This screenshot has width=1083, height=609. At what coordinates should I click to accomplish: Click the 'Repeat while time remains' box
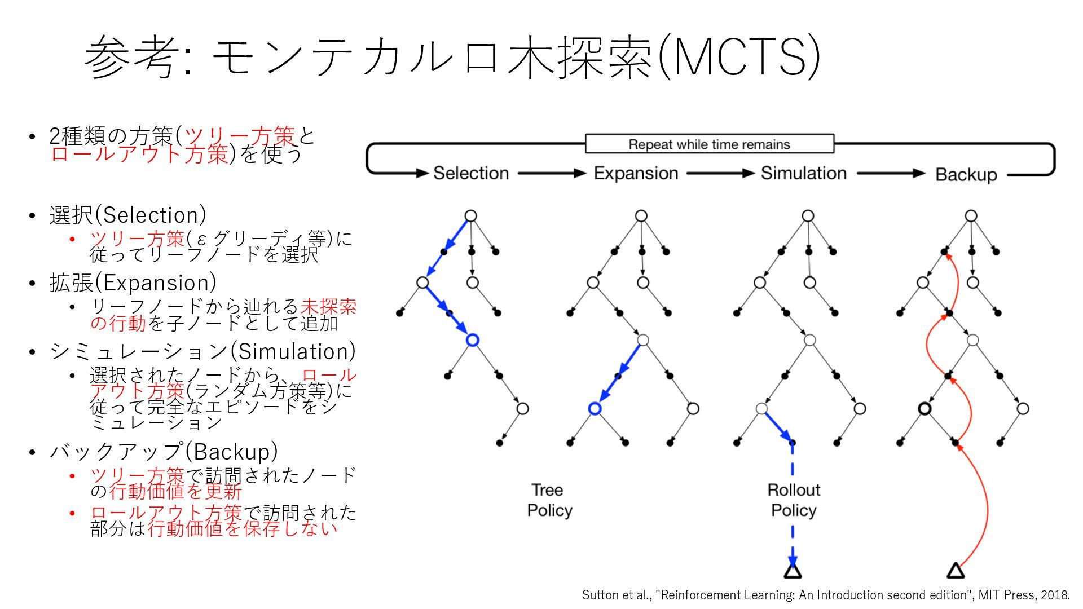click(x=709, y=144)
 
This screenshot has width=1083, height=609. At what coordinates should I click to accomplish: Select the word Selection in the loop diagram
click(x=471, y=173)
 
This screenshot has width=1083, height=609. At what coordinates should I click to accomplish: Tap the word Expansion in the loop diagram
click(x=636, y=173)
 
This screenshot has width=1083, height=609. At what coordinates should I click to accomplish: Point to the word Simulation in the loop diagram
click(x=803, y=173)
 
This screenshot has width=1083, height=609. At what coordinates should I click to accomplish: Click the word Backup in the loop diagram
click(x=966, y=175)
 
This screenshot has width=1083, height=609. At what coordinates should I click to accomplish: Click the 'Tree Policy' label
click(x=549, y=500)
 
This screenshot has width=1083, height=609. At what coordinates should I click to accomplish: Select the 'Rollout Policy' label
click(x=794, y=500)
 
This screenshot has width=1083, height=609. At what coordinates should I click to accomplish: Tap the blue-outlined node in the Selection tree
click(x=473, y=340)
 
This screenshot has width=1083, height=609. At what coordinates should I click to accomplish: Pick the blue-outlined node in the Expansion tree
click(x=595, y=409)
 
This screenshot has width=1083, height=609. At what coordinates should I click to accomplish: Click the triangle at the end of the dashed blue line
click(x=793, y=572)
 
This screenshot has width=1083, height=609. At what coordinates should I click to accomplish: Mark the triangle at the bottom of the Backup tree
click(x=955, y=572)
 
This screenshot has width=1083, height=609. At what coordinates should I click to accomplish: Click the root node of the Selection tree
click(x=470, y=216)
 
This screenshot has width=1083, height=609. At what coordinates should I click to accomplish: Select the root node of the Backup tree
click(x=971, y=216)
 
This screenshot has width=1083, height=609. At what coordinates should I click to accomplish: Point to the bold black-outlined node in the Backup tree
click(x=924, y=409)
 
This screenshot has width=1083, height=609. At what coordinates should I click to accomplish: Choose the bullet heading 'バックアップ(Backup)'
click(x=164, y=452)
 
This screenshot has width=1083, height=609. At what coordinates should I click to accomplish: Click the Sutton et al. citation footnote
click(x=826, y=595)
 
